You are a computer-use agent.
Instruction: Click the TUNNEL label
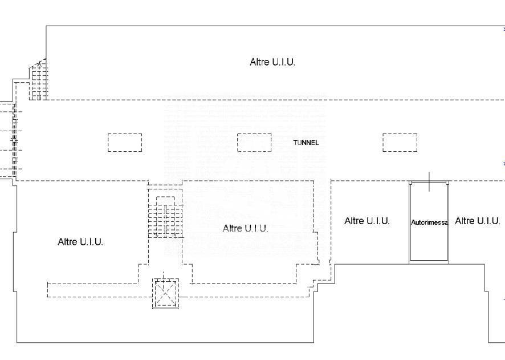306,143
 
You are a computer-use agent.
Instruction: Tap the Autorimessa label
429,223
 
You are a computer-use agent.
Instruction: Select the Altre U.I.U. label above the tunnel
272,62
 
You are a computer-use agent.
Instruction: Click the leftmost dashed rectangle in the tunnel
125,143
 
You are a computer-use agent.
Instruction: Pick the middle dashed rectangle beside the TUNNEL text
254,143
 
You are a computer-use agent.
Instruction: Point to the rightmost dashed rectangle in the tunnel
400,143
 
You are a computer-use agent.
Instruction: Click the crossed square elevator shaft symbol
165,293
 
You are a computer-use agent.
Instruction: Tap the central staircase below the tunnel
165,217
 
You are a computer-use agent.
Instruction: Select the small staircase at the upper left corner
39,80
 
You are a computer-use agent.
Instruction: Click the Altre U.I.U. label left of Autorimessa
367,221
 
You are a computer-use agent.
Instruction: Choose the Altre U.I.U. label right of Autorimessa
477,221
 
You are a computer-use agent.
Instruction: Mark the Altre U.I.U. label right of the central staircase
246,229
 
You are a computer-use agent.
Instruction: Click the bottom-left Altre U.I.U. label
80,242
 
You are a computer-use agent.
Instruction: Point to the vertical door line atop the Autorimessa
429,181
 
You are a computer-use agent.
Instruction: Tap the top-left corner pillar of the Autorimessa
410,183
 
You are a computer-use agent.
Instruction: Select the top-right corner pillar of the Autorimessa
447,183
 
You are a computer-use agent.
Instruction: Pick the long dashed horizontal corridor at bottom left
93,290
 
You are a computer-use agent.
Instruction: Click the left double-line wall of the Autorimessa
410,223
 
